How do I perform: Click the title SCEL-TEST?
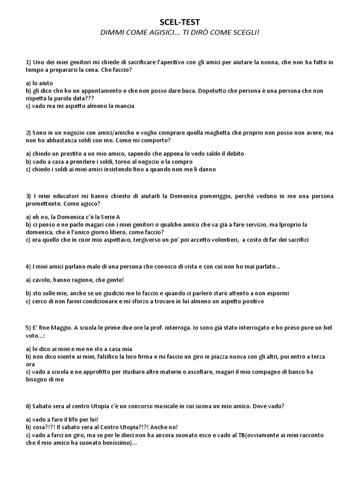[x=180, y=22]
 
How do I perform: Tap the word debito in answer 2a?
[x=233, y=154]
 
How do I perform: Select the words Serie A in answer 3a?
[x=110, y=217]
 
